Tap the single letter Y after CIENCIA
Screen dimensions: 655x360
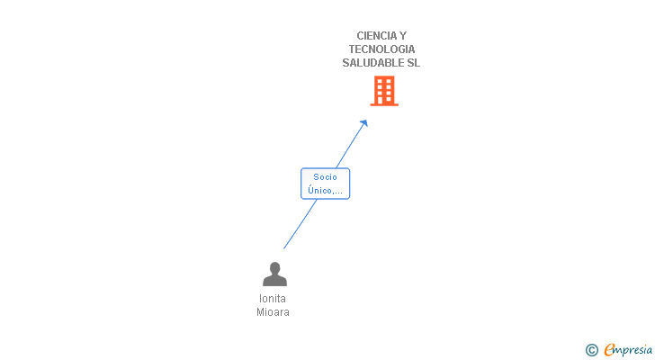click(x=402, y=36)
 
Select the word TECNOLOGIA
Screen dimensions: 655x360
click(x=381, y=49)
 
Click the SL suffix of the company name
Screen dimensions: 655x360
click(x=413, y=63)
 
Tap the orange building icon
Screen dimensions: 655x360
click(x=384, y=91)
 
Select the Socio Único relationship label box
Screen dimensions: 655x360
click(x=325, y=184)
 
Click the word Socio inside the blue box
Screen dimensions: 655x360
click(x=325, y=177)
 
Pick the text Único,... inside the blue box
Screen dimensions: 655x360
click(x=325, y=190)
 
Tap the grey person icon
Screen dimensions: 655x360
click(x=274, y=274)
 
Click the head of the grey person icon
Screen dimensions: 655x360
click(x=274, y=267)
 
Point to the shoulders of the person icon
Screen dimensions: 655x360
click(x=274, y=281)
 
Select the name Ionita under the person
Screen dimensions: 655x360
click(x=273, y=299)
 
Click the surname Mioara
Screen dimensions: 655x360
click(x=273, y=312)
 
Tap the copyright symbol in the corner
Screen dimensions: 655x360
click(x=591, y=350)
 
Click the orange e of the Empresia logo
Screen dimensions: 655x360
click(x=609, y=350)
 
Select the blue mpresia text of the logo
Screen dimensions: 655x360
click(x=633, y=350)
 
